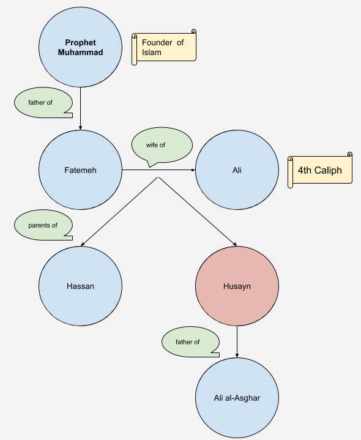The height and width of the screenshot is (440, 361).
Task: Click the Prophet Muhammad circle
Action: [80, 47]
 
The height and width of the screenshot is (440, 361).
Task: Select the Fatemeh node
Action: [80, 170]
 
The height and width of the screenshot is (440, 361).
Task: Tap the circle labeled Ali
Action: [237, 170]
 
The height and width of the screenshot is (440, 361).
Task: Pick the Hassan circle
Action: [80, 286]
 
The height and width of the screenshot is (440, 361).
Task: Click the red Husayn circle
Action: [237, 286]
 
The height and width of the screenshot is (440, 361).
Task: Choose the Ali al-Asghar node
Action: [237, 398]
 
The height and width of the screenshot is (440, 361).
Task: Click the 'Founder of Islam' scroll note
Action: [164, 47]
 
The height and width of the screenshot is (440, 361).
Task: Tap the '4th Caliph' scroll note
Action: [320, 170]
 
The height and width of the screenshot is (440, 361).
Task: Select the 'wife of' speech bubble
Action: [162, 146]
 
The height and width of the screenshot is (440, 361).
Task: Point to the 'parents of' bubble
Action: [43, 225]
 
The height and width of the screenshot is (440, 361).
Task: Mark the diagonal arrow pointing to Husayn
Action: [199, 211]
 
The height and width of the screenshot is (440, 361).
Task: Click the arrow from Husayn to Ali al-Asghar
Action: [237, 343]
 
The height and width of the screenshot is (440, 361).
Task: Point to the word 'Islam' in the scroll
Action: [152, 53]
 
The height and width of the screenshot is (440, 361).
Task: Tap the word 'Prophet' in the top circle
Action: [80, 43]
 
